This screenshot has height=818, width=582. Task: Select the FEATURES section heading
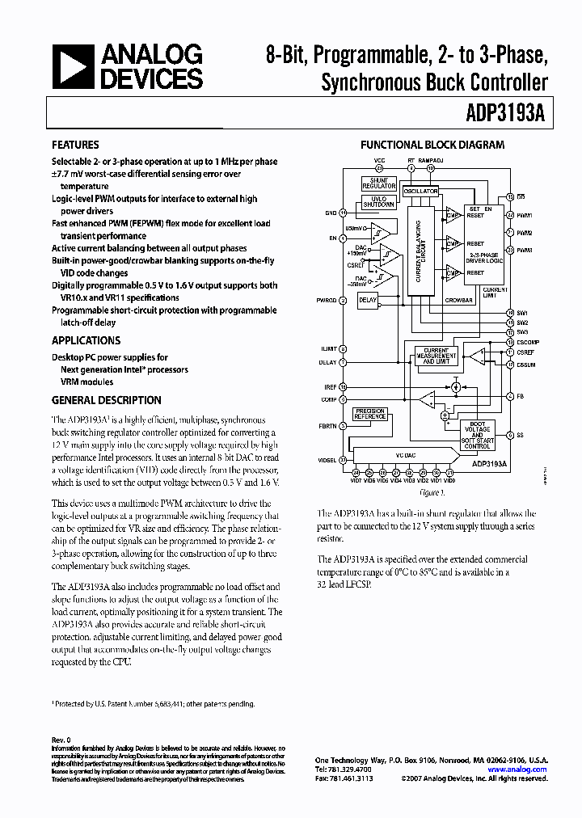(x=75, y=145)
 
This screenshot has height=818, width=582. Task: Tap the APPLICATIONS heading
(x=86, y=340)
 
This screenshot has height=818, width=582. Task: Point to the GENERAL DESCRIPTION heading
(x=106, y=400)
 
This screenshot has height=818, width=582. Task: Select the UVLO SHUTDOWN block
(x=379, y=202)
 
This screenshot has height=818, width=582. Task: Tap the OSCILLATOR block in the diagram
(x=420, y=192)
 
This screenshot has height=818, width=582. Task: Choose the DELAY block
(x=368, y=300)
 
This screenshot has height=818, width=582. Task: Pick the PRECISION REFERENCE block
(x=369, y=413)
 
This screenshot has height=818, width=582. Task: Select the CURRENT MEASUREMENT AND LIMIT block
(x=436, y=356)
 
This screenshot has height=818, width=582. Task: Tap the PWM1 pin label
(x=525, y=216)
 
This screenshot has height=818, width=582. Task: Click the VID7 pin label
(x=356, y=480)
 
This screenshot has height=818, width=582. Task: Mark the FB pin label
(x=521, y=396)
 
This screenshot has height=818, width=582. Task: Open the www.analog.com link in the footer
(x=525, y=770)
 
